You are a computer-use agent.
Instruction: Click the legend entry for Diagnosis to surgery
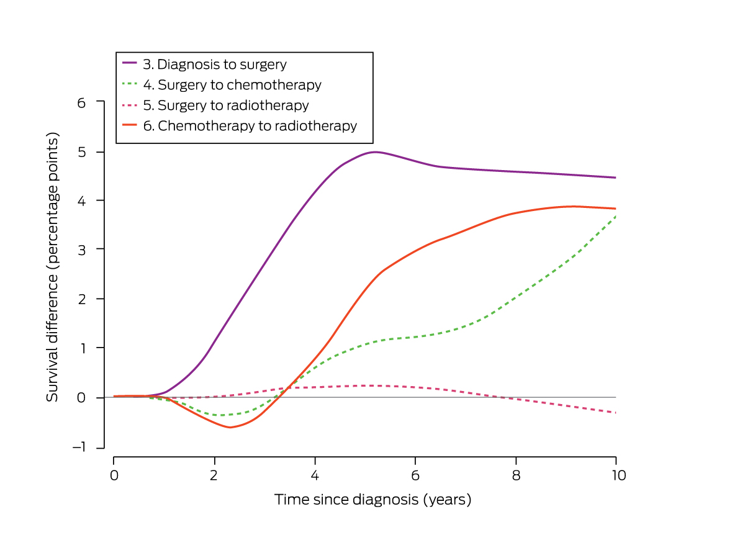222,64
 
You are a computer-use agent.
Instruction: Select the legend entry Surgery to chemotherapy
239,84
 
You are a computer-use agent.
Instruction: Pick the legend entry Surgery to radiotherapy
233,105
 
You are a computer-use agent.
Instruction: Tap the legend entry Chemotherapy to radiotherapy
257,125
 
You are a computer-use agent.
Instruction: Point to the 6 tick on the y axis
81,102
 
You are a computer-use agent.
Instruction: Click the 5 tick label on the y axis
81,152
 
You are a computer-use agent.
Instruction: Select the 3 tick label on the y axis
81,250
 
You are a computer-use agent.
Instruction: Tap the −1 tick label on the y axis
78,448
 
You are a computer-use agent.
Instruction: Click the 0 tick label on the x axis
114,475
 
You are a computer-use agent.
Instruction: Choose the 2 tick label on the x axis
214,475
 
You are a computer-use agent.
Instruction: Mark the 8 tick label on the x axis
515,475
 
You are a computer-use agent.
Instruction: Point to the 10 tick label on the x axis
615,475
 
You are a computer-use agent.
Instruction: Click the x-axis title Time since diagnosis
372,499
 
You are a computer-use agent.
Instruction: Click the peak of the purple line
375,151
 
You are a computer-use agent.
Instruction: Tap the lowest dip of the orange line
230,428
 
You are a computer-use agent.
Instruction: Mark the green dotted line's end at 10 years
615,216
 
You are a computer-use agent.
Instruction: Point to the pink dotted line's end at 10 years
615,413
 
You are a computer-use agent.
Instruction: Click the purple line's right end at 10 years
615,178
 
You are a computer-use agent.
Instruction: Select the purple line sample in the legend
130,63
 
